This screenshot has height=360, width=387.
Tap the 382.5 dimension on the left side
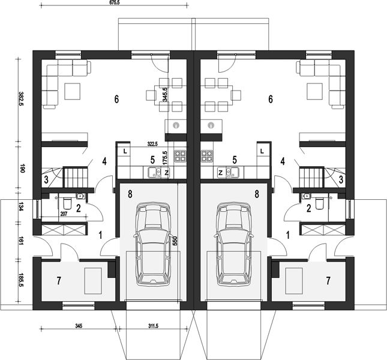21,98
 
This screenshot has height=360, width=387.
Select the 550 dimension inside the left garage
175,241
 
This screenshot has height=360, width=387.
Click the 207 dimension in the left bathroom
64,214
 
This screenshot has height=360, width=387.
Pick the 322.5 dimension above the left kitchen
152,144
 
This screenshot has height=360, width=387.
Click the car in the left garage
152,244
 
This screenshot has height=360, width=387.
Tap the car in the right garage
233,244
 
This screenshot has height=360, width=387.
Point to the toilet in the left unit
67,203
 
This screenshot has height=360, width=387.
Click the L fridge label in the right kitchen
262,151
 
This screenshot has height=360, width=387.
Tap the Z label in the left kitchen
167,173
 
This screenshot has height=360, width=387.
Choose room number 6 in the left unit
116,99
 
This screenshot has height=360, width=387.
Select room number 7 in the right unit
328,281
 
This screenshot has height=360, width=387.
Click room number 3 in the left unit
46,179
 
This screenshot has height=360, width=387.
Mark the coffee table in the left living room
73,91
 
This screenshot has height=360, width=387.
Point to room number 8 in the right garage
257,194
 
